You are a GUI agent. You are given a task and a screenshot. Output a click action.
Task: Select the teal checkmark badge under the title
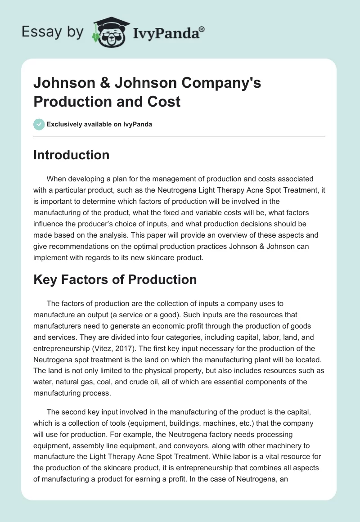[x=39, y=124]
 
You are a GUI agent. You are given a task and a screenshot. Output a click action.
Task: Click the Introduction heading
[x=72, y=155]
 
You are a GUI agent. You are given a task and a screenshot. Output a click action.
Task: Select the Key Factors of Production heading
[x=115, y=279]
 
